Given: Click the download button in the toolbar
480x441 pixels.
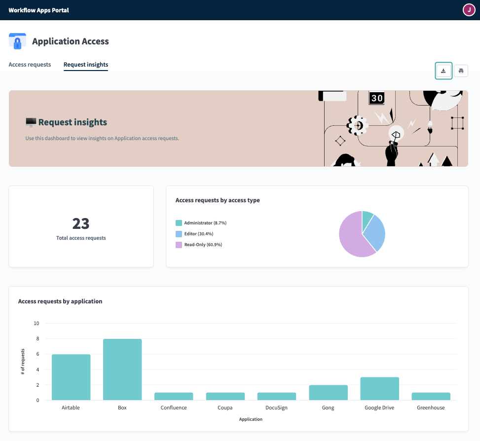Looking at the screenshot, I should [443, 71].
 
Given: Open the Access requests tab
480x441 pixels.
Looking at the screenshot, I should [30, 65].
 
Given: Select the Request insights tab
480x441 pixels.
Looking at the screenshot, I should [86, 65].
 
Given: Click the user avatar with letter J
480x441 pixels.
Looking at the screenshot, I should [469, 10].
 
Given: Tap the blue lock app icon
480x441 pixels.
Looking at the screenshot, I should [18, 41].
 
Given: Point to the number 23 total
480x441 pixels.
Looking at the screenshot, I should [81, 223].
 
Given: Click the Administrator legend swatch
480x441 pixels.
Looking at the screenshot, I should [179, 223].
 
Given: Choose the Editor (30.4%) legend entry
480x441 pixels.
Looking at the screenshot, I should [198, 234].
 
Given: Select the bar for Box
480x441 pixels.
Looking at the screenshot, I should [122, 369].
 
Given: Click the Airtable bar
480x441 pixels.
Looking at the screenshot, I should [71, 377].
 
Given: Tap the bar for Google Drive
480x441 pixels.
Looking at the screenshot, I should [379, 389].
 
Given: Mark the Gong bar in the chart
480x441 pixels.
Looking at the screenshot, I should [328, 393].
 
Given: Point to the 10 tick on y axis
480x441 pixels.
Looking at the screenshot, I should [36, 324].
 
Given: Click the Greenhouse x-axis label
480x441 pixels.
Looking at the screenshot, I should [431, 408].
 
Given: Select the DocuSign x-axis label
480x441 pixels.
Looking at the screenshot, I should [277, 408].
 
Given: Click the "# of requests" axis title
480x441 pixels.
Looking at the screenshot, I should [23, 362].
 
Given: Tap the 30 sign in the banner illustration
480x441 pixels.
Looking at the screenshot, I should [377, 98].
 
